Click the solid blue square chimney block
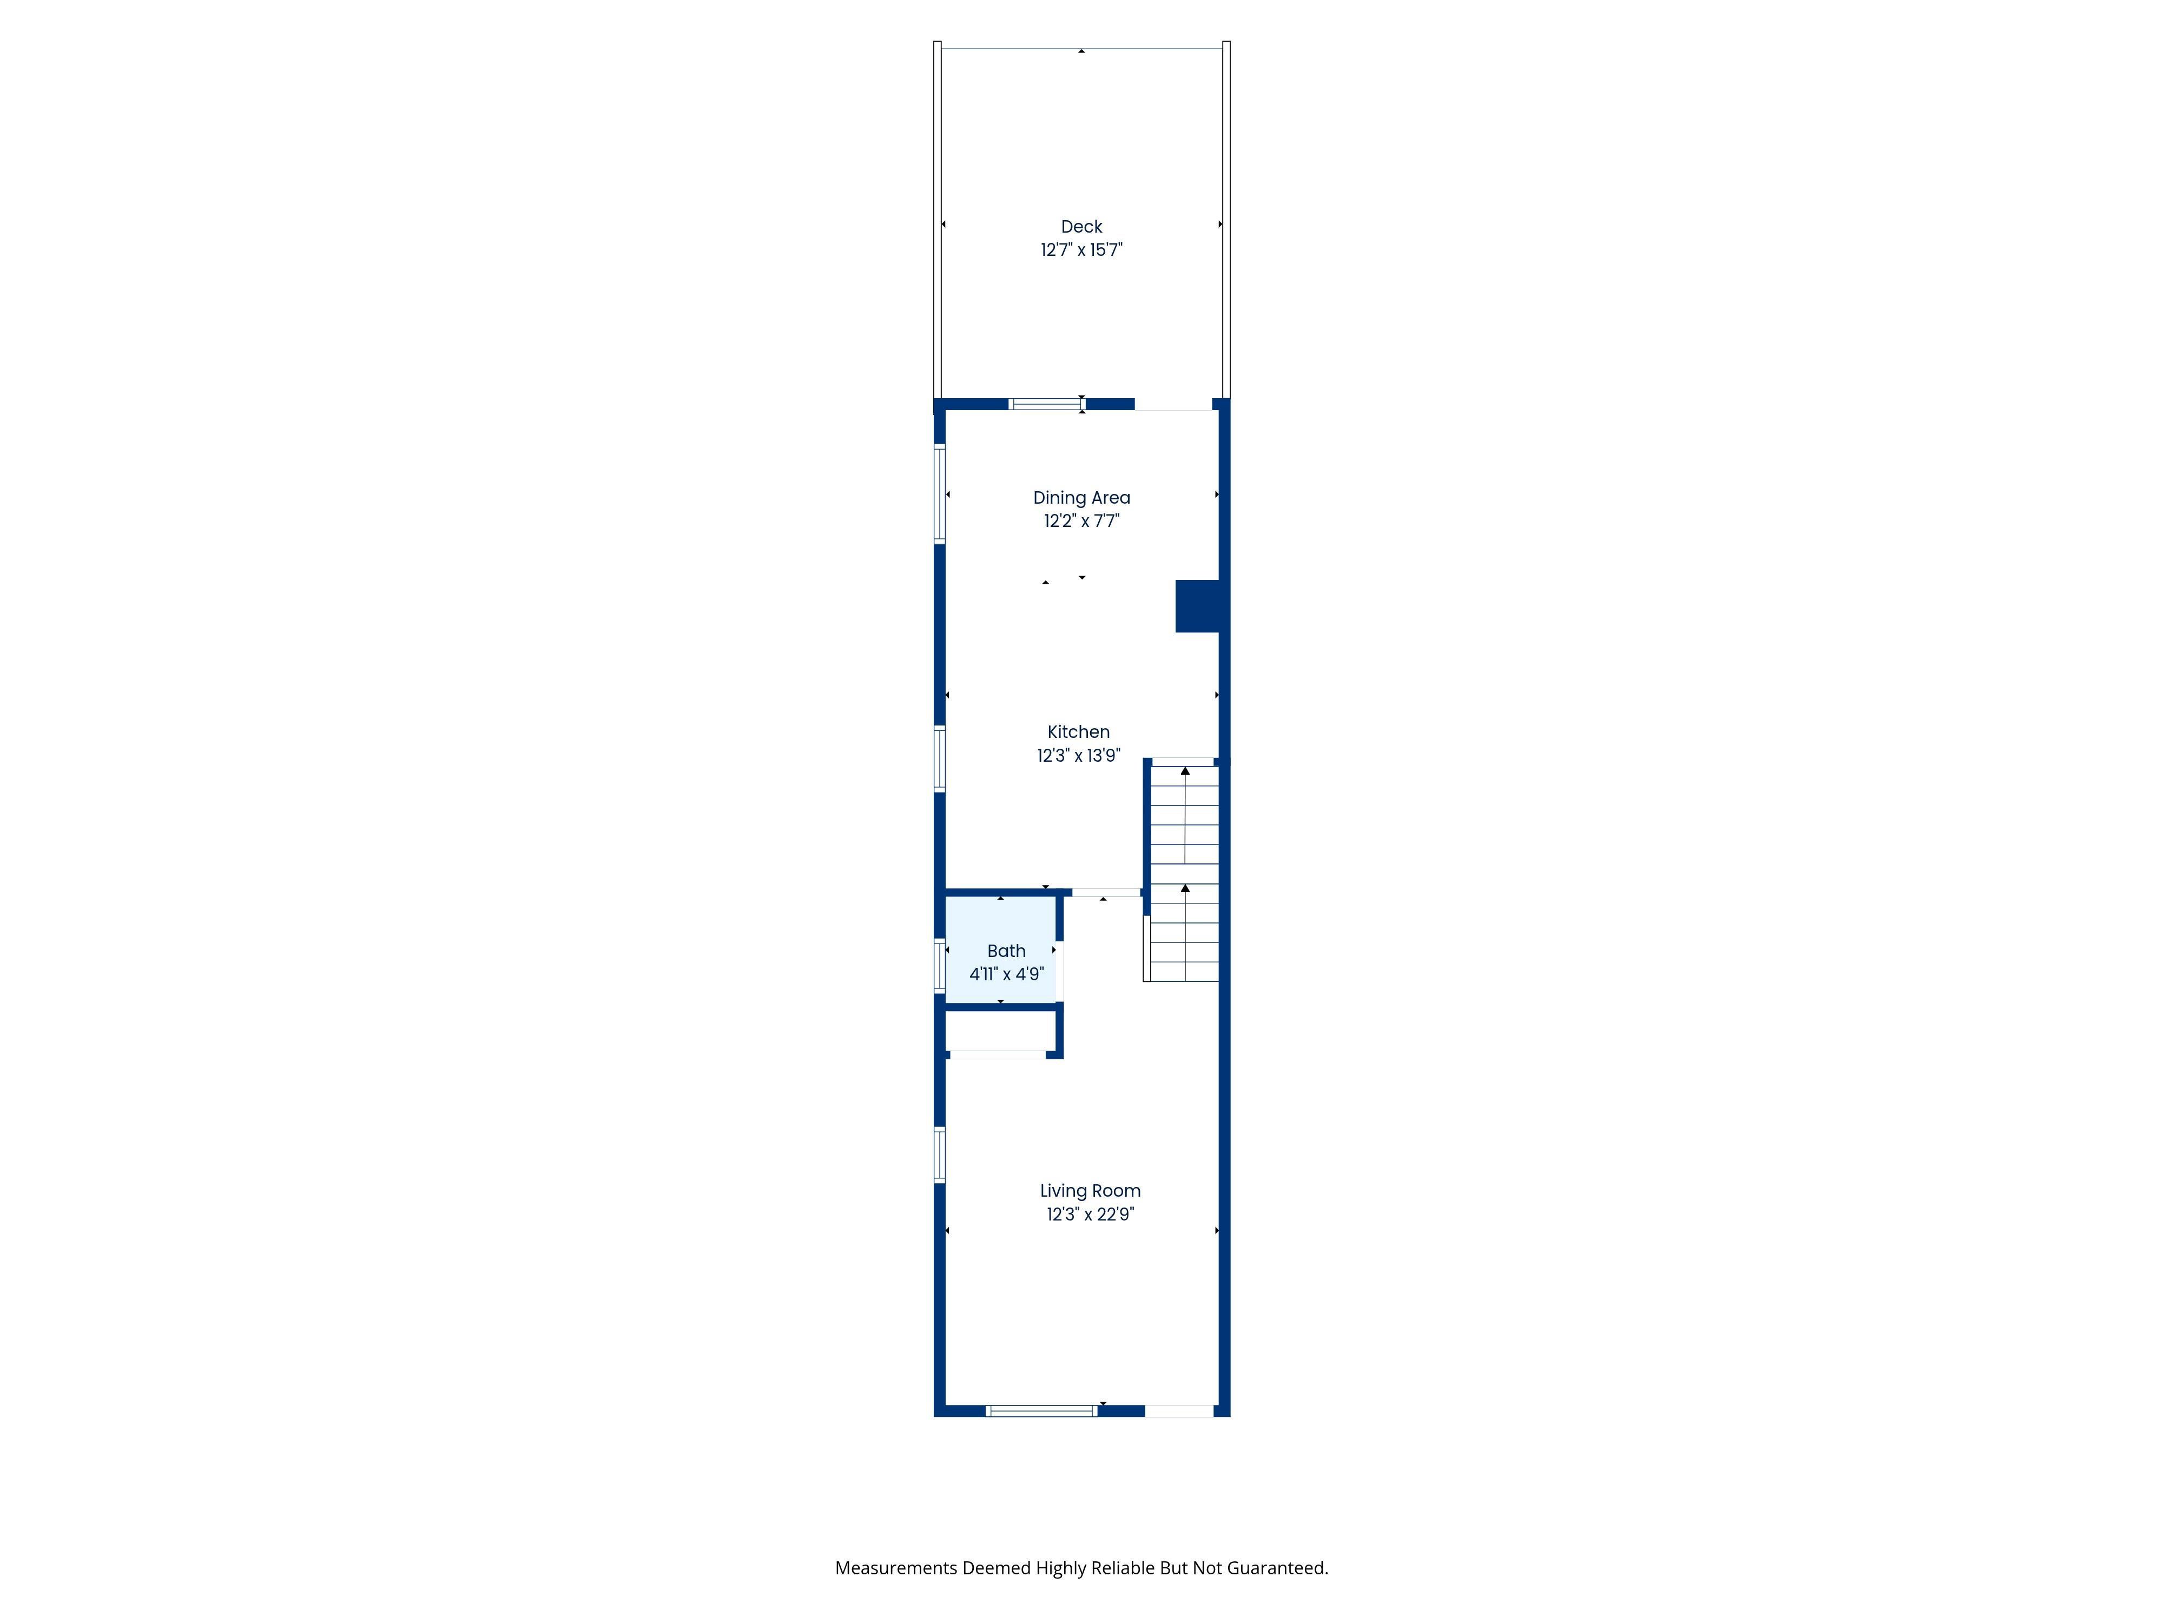point(1197,606)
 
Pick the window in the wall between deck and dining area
point(1047,404)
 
